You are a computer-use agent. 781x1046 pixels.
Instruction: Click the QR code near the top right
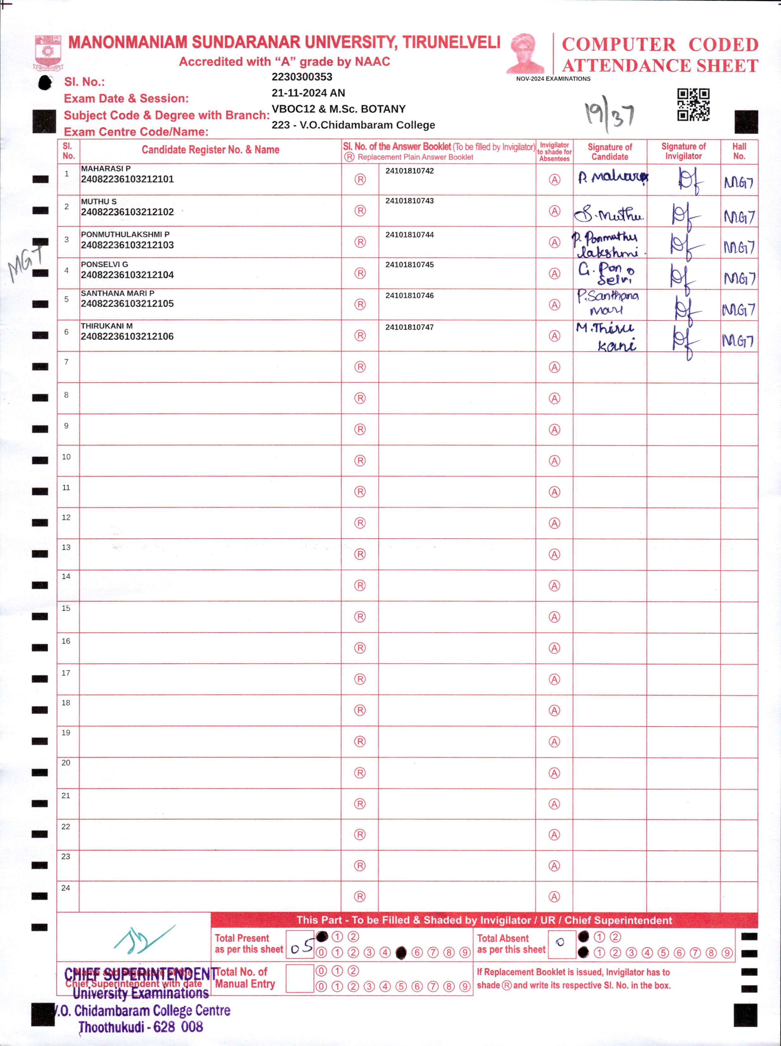coord(693,105)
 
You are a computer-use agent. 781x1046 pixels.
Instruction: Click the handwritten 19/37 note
coord(610,114)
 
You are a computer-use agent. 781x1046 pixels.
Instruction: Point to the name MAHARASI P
coord(105,168)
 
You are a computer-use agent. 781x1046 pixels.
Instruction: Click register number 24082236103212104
coord(127,275)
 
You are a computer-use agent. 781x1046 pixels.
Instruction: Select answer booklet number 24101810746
coord(409,296)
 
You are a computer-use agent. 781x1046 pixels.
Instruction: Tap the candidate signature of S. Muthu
coord(609,215)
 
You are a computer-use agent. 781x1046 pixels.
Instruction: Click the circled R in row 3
coord(360,242)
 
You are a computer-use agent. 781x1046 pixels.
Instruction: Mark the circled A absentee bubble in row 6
coord(554,336)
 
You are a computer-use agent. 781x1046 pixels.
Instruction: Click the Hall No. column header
coord(739,151)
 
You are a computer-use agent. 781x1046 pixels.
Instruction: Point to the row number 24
coord(66,888)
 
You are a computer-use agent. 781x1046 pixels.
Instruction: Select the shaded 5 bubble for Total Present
coord(401,953)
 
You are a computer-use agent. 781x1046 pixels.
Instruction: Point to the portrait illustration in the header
coord(525,53)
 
